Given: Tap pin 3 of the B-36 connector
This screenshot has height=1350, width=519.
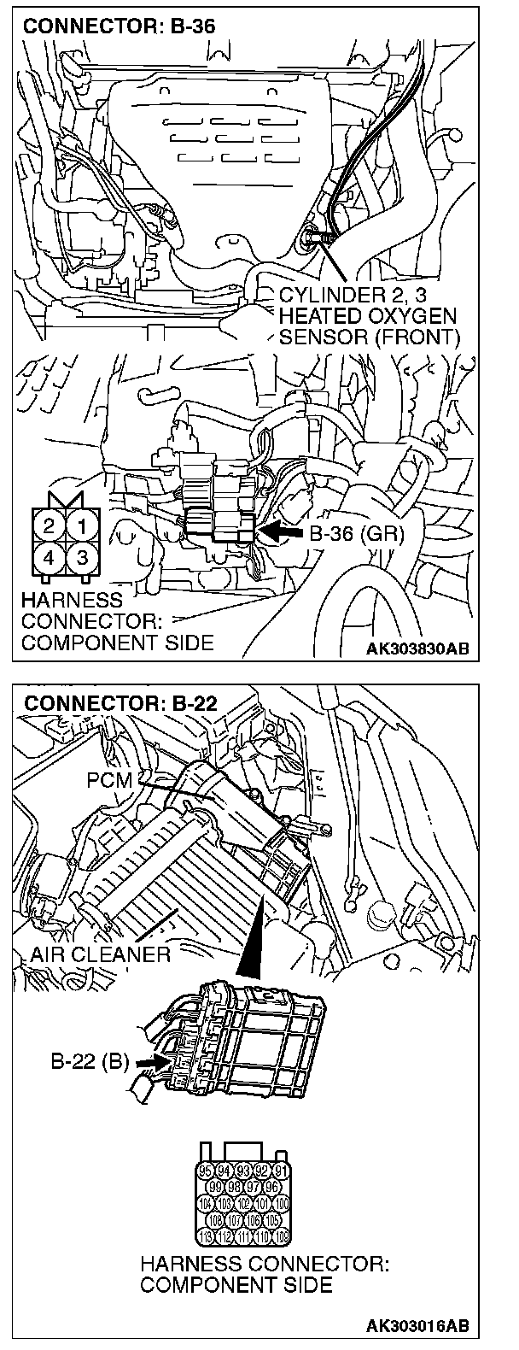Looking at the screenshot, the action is point(81,557).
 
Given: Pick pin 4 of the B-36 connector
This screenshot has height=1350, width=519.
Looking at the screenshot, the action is point(50,557).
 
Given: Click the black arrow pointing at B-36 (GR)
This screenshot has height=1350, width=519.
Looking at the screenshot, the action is point(279,532).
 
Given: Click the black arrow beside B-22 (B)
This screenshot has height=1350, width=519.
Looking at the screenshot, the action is point(148,1062).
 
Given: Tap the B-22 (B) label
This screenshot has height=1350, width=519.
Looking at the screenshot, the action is point(89,1062).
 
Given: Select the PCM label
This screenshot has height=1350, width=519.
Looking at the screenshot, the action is point(108,779).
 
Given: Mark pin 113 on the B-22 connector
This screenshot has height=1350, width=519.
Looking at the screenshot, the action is point(205,1235).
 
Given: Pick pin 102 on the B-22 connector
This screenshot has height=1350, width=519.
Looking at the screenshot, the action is point(244,1203).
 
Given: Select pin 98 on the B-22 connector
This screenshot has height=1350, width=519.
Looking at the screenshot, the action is point(234,1186).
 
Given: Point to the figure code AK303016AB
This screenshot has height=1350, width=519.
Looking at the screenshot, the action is point(417,1326).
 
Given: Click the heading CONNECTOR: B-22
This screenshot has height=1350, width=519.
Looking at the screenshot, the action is point(120,704).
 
